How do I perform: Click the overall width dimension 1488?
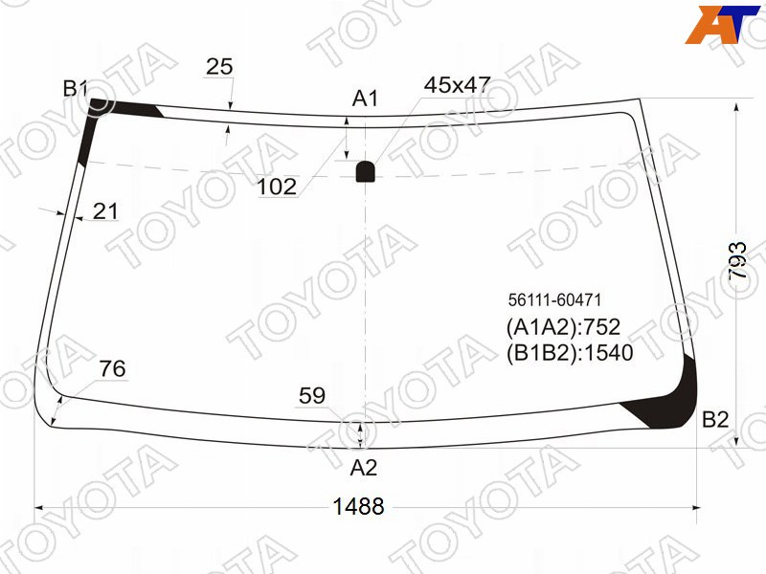tap(358, 506)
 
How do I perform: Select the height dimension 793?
tap(737, 259)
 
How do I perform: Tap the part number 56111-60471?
tap(554, 299)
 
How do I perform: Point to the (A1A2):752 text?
tap(563, 327)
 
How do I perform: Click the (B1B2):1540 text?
tap(570, 352)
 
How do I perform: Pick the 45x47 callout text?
tap(457, 85)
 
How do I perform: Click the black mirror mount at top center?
tap(366, 171)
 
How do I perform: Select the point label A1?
tap(365, 99)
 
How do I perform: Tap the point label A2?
tap(364, 468)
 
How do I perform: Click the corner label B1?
tap(75, 89)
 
